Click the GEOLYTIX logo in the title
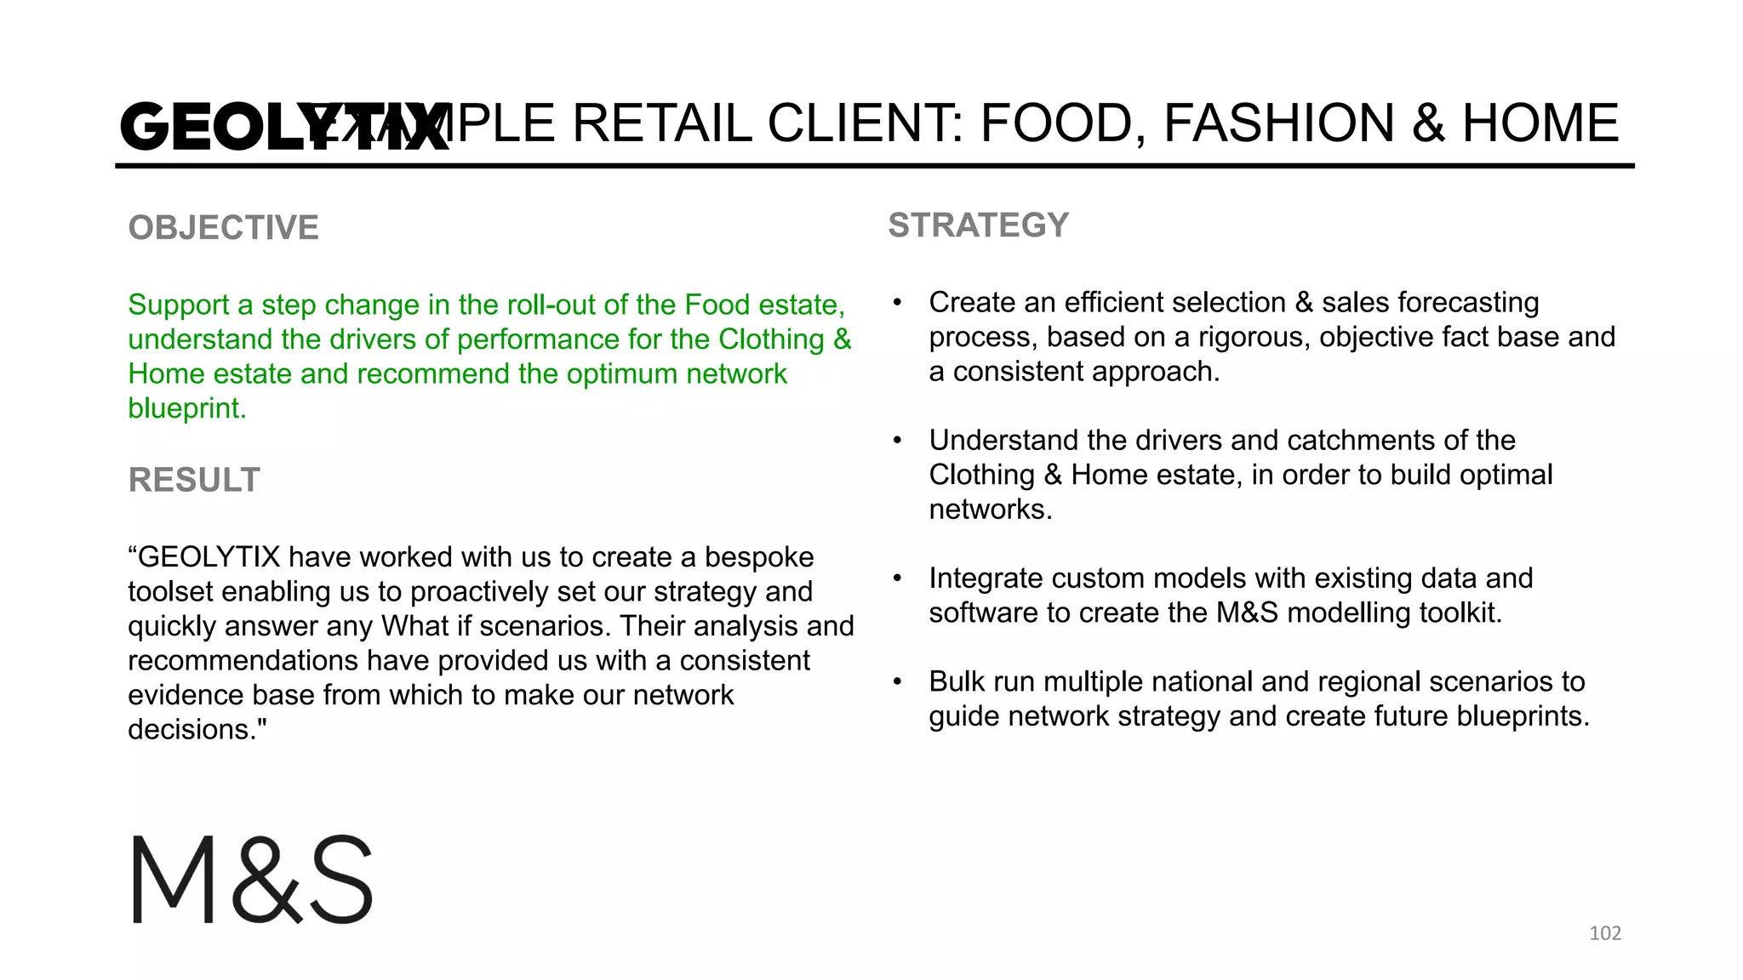pos(284,128)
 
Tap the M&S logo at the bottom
pos(253,880)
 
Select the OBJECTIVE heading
pos(224,228)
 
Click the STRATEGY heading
pos(978,225)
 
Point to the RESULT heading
pos(194,481)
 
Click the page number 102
pos(1605,933)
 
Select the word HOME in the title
pos(1540,123)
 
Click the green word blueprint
pos(186,408)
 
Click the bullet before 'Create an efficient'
pos(897,303)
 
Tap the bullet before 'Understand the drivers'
pos(897,441)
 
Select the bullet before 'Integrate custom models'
pos(897,578)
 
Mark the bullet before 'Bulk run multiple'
pos(897,682)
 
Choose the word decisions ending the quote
pos(193,730)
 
